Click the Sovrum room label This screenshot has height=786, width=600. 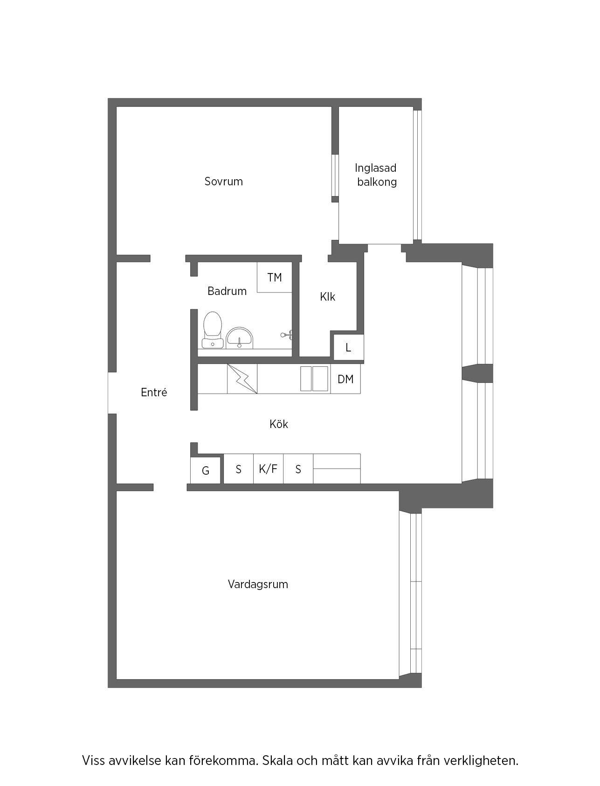223,181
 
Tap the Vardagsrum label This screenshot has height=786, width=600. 258,584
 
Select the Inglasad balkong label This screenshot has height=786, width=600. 376,175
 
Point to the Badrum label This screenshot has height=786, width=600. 227,291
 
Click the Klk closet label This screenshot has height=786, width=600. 327,297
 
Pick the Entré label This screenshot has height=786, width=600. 154,392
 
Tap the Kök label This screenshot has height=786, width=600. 279,424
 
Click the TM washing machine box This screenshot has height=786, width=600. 275,277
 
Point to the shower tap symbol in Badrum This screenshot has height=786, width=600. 286,334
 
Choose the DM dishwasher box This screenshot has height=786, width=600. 345,379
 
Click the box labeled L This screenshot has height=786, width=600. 348,348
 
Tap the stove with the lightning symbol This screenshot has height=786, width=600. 242,379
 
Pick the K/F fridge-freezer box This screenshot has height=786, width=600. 268,469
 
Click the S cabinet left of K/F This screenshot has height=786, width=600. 239,469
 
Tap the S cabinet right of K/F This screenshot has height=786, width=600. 298,469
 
